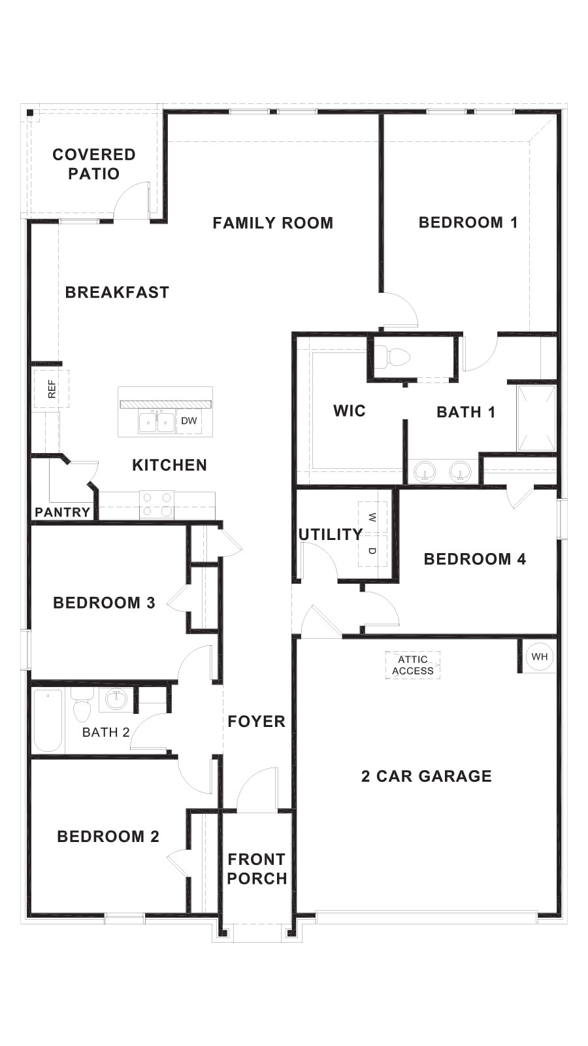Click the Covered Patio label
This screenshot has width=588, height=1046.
(94, 164)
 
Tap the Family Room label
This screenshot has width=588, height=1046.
(272, 223)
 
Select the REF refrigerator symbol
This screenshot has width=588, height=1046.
(52, 389)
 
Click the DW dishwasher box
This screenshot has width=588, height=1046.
(189, 421)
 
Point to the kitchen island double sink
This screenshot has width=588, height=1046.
(156, 422)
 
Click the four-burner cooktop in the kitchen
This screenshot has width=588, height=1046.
(157, 505)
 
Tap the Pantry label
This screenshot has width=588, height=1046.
(62, 512)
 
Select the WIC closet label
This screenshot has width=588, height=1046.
(350, 411)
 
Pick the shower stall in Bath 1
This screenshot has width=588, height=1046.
(536, 418)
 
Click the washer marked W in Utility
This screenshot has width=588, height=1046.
(372, 518)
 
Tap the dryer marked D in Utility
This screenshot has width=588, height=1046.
(372, 550)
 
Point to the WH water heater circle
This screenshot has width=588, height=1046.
(540, 656)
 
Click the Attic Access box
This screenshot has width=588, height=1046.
(413, 665)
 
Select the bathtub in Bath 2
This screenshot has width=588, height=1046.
(48, 720)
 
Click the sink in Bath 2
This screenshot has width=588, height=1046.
(116, 700)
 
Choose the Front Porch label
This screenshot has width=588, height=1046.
(257, 869)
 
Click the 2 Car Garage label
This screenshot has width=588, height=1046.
(426, 776)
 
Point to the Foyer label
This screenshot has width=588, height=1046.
(257, 721)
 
